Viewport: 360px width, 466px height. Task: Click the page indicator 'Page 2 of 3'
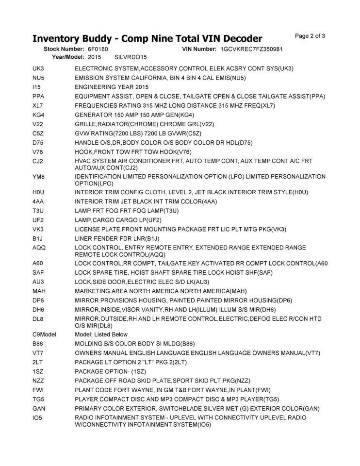tap(310, 36)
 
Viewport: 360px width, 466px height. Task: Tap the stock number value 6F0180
tap(98, 50)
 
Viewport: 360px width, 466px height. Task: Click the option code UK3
tap(38, 69)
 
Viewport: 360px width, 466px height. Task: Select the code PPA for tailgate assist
tap(38, 96)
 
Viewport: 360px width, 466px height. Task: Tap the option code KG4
tap(38, 115)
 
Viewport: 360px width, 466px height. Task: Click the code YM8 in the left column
tap(38, 176)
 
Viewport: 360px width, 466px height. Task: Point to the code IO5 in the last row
tap(38, 417)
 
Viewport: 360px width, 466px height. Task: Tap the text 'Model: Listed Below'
tap(101, 334)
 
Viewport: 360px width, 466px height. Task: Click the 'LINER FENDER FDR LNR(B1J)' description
tap(117, 238)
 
